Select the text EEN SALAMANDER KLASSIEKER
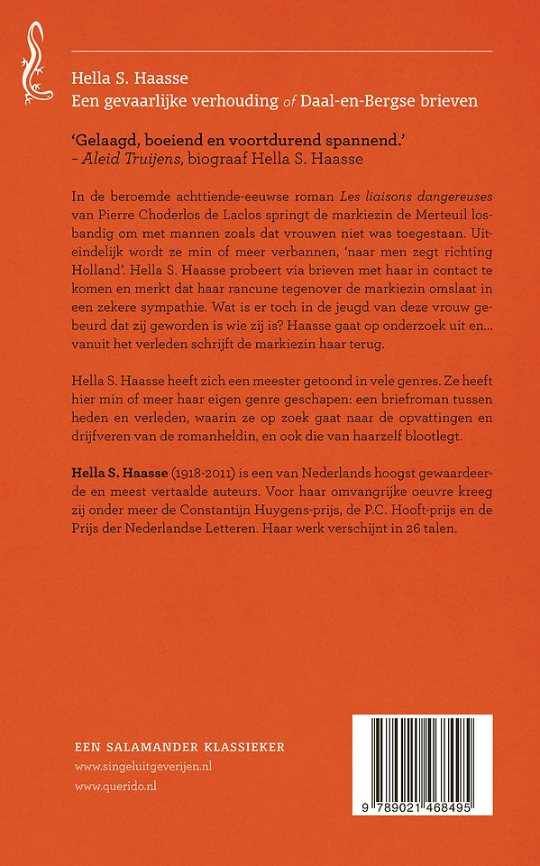tap(179, 747)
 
